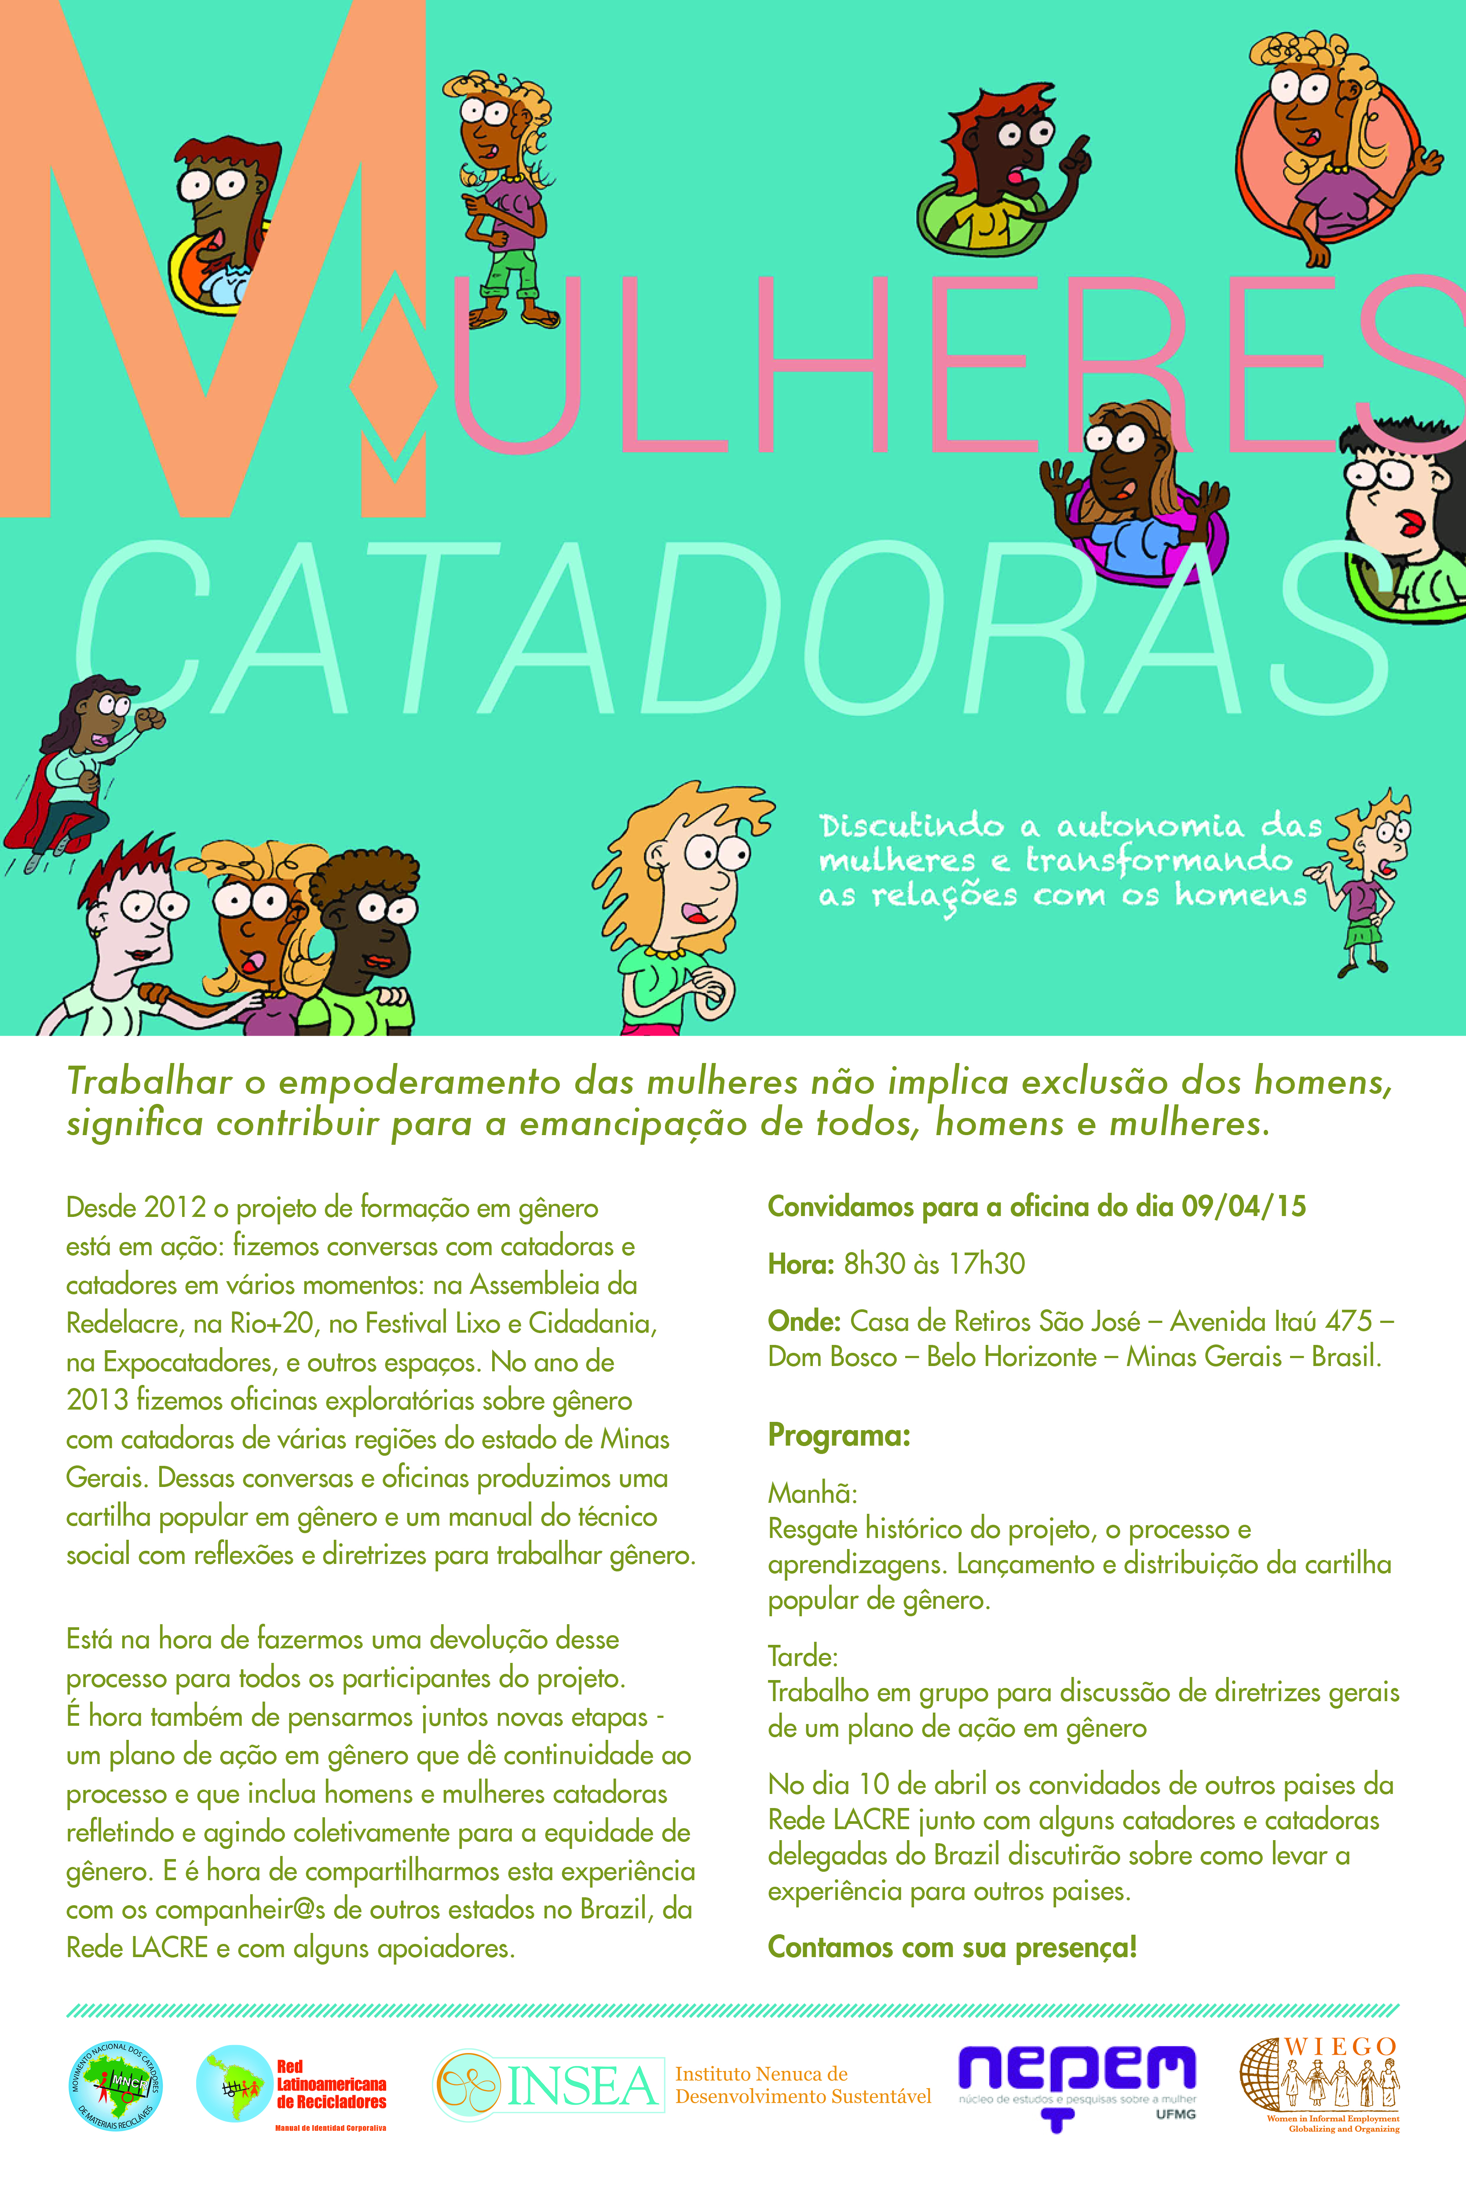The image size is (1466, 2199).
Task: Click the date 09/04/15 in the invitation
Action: click(x=1243, y=1206)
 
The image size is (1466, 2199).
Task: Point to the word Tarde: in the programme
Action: click(x=802, y=1657)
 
